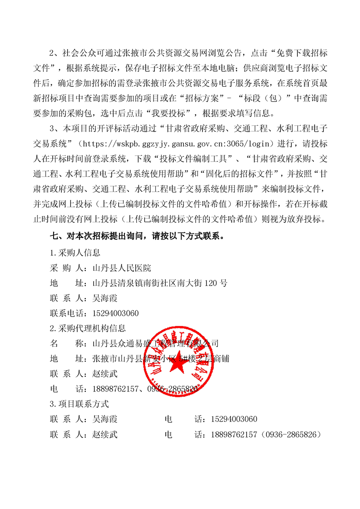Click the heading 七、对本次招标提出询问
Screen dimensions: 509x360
[x=136, y=236]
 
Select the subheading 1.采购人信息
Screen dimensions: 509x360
[x=75, y=252]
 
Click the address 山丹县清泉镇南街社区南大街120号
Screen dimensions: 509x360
[x=159, y=283]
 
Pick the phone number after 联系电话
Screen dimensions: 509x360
[x=115, y=313]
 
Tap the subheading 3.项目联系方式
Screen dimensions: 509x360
[x=79, y=404]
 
